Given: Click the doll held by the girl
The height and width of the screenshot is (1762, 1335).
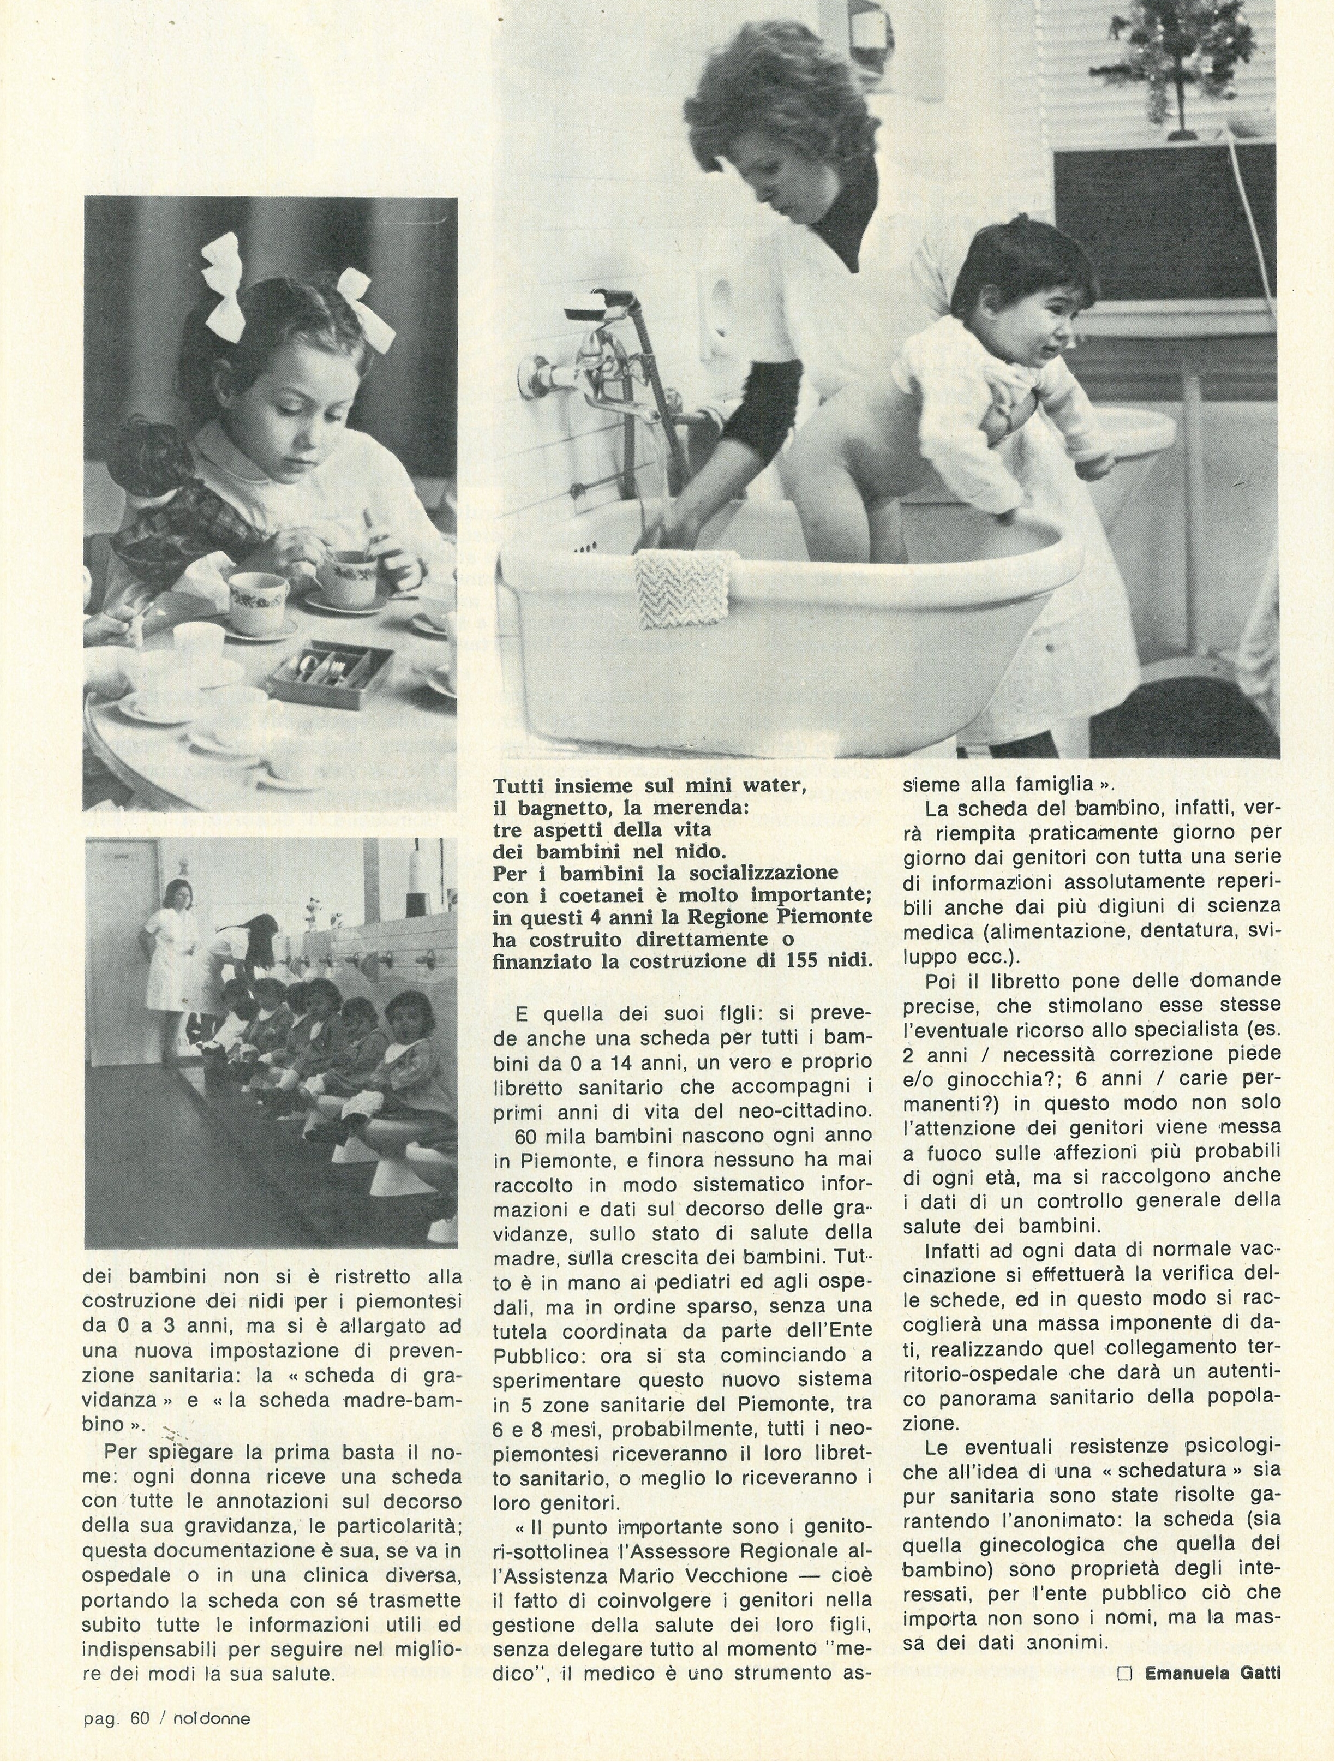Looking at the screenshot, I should pyautogui.click(x=155, y=494).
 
